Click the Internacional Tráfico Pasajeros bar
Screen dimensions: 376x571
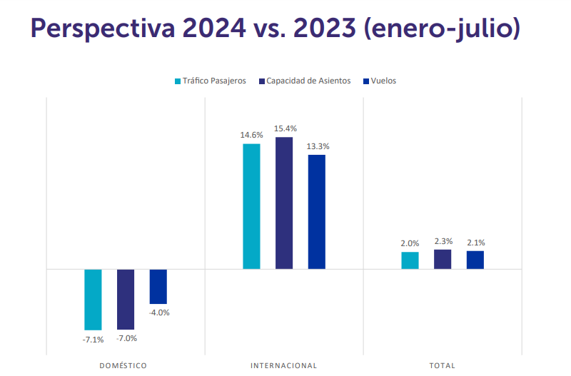[x=251, y=206]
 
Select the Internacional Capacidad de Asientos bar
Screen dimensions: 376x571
[x=284, y=203]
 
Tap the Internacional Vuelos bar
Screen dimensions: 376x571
[x=316, y=212]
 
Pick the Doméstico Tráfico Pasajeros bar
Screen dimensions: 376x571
[x=93, y=300]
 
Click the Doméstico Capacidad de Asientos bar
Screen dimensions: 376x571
[x=126, y=299]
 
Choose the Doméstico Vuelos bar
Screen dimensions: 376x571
[x=158, y=287]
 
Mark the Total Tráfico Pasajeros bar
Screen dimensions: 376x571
[x=410, y=260]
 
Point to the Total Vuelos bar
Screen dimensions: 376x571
[x=475, y=260]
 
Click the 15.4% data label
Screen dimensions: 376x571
[x=284, y=128]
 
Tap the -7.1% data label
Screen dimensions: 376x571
[x=93, y=339]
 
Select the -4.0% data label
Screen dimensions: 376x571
[x=158, y=313]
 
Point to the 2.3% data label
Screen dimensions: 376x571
[x=443, y=241]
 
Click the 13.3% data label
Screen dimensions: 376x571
[x=317, y=146]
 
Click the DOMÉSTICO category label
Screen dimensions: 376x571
[x=123, y=365]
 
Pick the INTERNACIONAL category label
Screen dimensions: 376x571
[x=283, y=365]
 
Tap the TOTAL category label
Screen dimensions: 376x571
[x=442, y=365]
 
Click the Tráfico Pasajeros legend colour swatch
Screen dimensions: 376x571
[x=178, y=81]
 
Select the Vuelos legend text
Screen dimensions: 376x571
[x=383, y=81]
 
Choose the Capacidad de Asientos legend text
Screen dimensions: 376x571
[x=308, y=81]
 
